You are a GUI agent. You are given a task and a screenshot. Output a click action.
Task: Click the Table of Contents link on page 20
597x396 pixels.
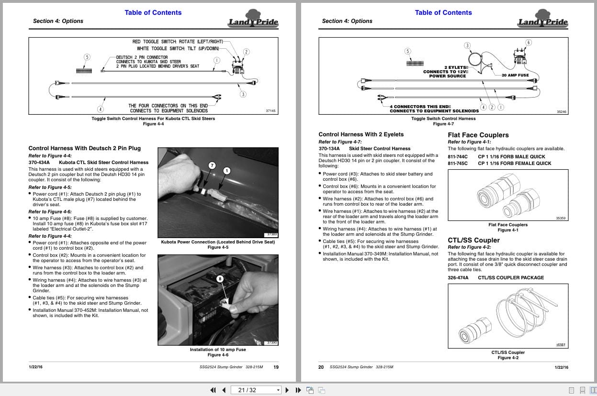[x=443, y=12]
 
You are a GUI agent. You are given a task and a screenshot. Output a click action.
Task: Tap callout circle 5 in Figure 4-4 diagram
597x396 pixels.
[x=87, y=57]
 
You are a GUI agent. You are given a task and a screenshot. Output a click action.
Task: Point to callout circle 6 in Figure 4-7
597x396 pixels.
[x=529, y=43]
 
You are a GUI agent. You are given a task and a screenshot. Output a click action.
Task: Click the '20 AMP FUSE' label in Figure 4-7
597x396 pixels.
[x=515, y=75]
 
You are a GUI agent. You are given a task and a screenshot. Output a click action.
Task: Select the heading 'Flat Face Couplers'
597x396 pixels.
[x=478, y=135]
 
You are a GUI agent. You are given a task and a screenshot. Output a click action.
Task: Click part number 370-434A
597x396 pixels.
[x=39, y=162]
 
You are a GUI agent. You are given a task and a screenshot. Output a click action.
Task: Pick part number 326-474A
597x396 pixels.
[x=458, y=277]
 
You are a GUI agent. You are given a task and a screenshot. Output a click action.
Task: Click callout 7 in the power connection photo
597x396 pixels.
[x=212, y=165]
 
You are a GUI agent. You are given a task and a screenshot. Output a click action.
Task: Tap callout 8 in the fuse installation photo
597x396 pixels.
[x=220, y=278]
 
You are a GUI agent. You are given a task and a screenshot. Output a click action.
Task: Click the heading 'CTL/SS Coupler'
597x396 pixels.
[x=473, y=240]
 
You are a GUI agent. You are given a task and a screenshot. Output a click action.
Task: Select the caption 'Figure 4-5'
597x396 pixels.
[x=218, y=247]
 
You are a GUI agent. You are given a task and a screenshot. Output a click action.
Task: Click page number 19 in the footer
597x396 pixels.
[x=276, y=367]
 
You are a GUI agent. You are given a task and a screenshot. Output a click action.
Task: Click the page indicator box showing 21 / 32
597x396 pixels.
[x=256, y=390]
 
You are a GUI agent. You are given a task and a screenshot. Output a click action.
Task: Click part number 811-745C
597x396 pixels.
[x=458, y=163]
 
